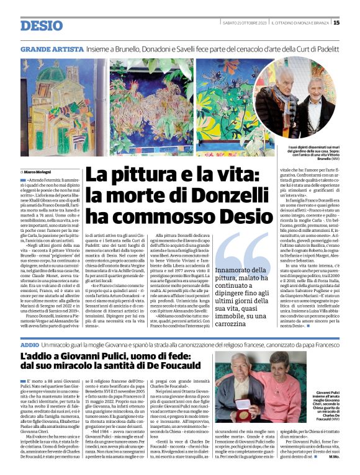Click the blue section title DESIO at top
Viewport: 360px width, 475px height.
coord(41,26)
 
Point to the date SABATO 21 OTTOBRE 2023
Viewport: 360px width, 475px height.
coord(246,23)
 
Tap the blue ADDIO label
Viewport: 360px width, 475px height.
coord(29,344)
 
